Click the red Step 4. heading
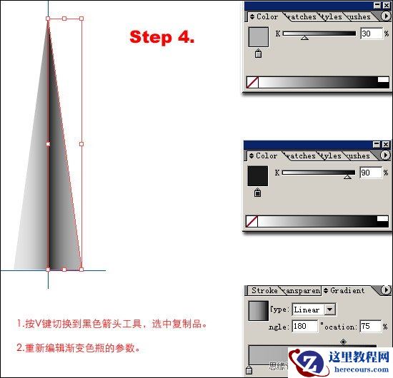click(x=161, y=38)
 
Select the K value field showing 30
click(x=370, y=34)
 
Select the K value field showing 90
click(x=370, y=173)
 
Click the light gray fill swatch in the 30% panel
click(x=257, y=36)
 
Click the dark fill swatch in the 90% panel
click(x=257, y=175)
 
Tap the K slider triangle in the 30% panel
click(x=305, y=37)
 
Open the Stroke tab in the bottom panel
click(x=264, y=290)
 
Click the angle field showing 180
click(x=304, y=326)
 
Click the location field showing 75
click(x=370, y=326)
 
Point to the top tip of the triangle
click(x=48, y=19)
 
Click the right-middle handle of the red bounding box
click(x=81, y=144)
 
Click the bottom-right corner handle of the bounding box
click(x=81, y=269)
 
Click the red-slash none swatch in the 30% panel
click(x=252, y=83)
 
